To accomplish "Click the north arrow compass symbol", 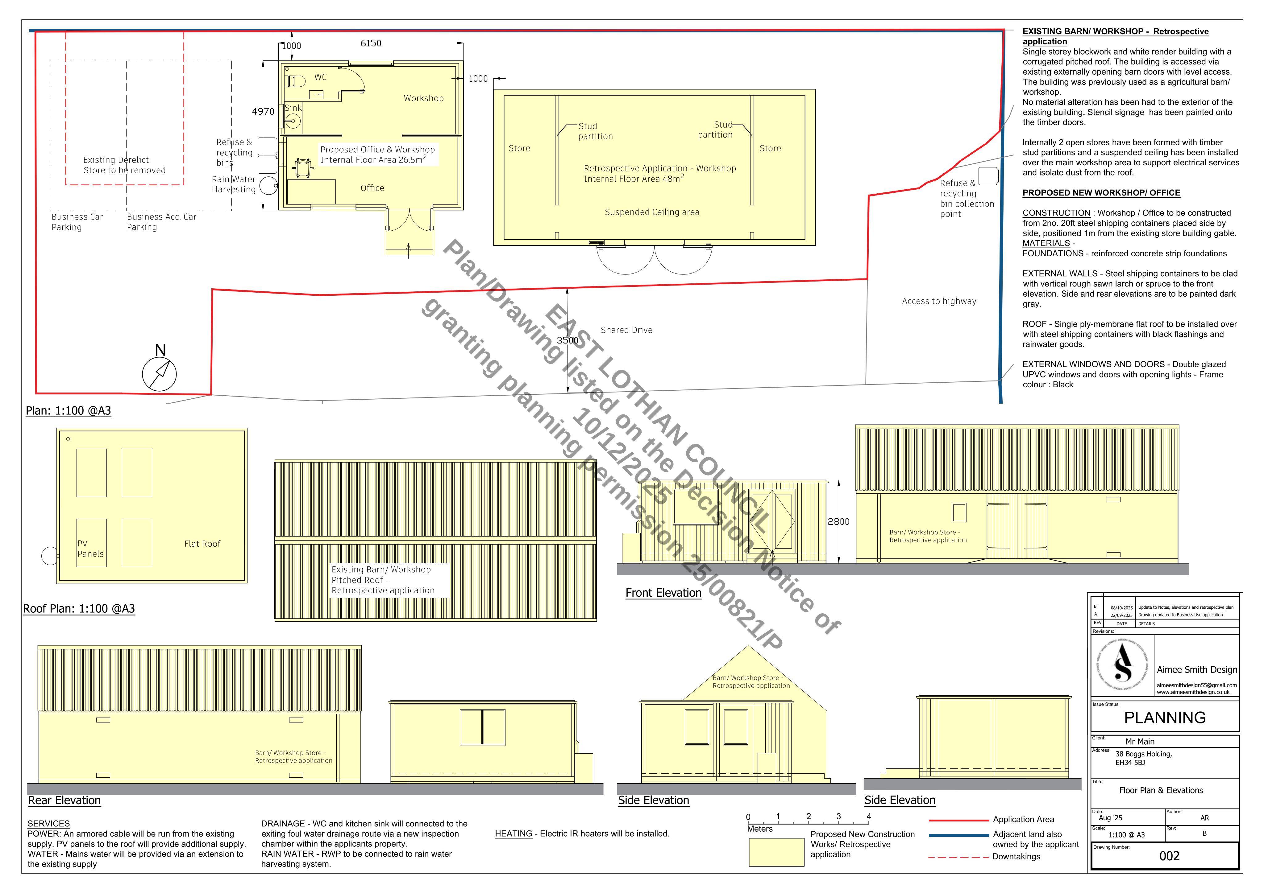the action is click(159, 374).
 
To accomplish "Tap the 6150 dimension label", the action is click(371, 43).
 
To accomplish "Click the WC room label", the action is click(320, 77).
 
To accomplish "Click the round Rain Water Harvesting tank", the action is click(269, 185).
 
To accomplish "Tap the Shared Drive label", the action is click(626, 330).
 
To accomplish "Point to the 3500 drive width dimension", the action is click(568, 340).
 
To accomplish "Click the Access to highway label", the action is click(939, 301).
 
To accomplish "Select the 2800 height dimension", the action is click(838, 522).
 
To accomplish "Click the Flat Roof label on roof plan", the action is click(202, 544).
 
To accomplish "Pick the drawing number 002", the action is click(1169, 856).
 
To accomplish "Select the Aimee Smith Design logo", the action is click(1123, 666).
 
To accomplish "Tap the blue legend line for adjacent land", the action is click(958, 835).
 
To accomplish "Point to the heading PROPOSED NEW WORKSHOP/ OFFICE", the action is click(1101, 193).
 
